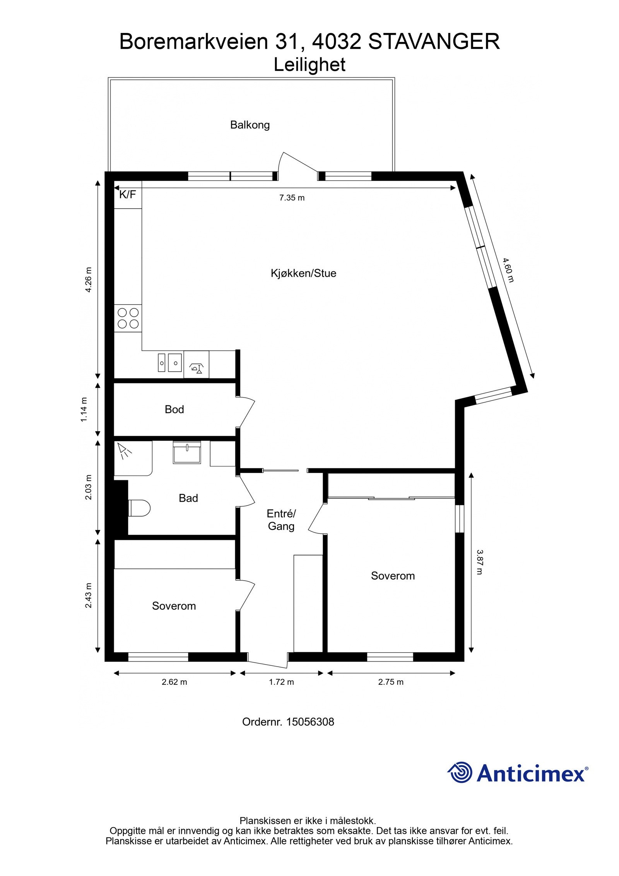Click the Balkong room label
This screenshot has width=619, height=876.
(250, 125)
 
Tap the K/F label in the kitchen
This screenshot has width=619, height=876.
(127, 194)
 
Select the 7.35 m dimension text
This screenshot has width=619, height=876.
(292, 198)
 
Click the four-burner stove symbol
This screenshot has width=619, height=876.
(128, 318)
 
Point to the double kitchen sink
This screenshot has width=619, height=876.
(170, 363)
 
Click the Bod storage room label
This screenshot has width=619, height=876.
(174, 409)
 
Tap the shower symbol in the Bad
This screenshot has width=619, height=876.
(125, 451)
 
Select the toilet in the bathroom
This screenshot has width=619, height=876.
(139, 508)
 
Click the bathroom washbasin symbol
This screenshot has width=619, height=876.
(187, 453)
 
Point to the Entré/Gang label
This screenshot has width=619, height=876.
(281, 520)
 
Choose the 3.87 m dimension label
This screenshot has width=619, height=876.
(479, 562)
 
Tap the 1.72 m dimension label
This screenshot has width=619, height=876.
(281, 682)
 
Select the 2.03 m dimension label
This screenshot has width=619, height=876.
(89, 487)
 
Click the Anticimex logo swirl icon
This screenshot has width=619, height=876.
(460, 772)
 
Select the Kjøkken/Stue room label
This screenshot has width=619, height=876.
(303, 273)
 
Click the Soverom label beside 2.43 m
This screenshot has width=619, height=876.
(174, 606)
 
